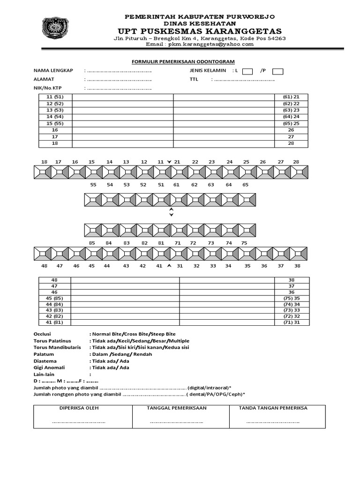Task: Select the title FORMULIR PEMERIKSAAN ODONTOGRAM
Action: pyautogui.click(x=181, y=61)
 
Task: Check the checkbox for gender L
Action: pyautogui.click(x=248, y=71)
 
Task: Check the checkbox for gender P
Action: pyautogui.click(x=277, y=71)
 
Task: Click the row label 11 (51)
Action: pyautogui.click(x=55, y=97)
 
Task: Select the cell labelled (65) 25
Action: pyautogui.click(x=291, y=123)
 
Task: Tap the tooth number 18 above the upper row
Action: pyautogui.click(x=44, y=162)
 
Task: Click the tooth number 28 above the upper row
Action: pyautogui.click(x=296, y=162)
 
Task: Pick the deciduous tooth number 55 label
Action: pyautogui.click(x=93, y=185)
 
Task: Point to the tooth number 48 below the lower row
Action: pyautogui.click(x=45, y=266)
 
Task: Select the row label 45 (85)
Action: pyautogui.click(x=54, y=299)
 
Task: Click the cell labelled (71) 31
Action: pyautogui.click(x=291, y=322)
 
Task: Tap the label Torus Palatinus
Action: pyautogui.click(x=54, y=341)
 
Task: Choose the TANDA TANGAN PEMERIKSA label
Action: pyautogui.click(x=273, y=408)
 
